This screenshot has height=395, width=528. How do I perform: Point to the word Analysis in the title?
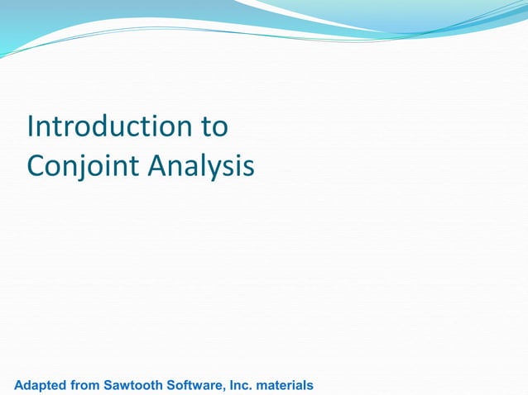coord(201,167)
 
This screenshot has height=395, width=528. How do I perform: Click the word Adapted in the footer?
coord(41,385)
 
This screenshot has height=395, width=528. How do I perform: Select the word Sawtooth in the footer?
coord(135,385)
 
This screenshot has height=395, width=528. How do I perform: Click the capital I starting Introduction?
coord(31,127)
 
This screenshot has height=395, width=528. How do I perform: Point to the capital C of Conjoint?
coord(37,167)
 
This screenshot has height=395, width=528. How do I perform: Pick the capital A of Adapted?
coord(20,385)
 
